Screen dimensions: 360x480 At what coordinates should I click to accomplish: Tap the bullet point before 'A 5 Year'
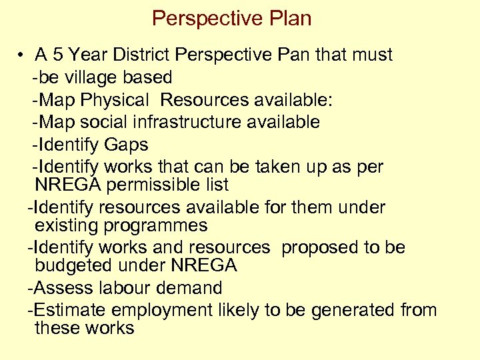coord(22,55)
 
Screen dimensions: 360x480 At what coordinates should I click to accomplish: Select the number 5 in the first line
coord(58,55)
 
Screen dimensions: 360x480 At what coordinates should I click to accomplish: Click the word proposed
coord(319,247)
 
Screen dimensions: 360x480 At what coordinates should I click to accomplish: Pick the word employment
coord(161,311)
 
